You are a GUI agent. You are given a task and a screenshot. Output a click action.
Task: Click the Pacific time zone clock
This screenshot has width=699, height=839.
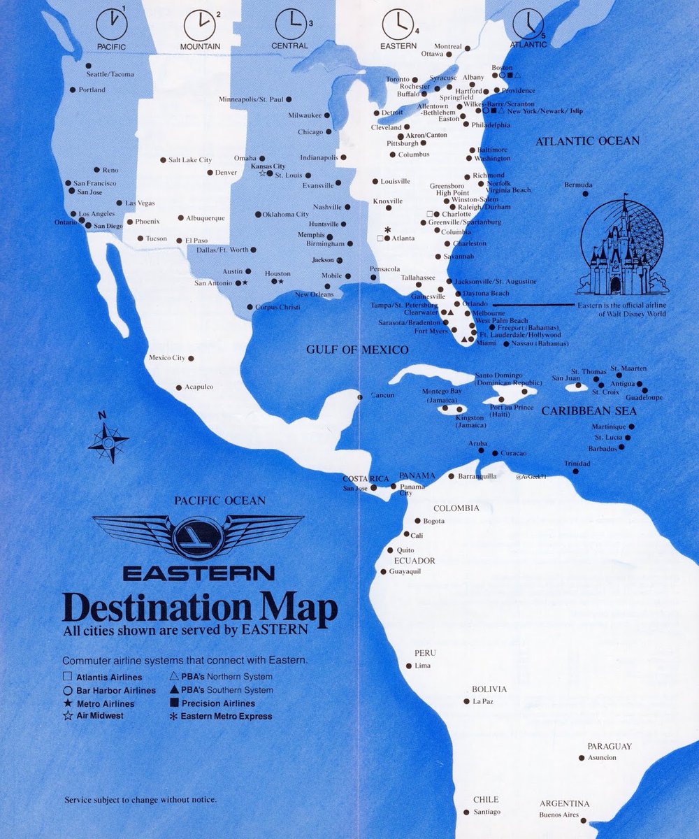pyautogui.click(x=112, y=24)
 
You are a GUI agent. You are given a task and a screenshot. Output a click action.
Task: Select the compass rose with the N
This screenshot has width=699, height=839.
pyautogui.click(x=108, y=439)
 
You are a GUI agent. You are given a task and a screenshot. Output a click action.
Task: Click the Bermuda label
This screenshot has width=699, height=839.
pyautogui.click(x=578, y=185)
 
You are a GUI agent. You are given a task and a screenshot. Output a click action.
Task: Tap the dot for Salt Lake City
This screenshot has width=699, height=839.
pyautogui.click(x=164, y=160)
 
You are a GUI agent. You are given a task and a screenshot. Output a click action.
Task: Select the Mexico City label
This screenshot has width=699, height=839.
pyautogui.click(x=167, y=358)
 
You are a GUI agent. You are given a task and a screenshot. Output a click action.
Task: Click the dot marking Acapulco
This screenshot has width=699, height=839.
pyautogui.click(x=179, y=387)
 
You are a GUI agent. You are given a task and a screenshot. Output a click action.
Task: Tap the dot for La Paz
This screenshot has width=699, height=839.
pyautogui.click(x=467, y=701)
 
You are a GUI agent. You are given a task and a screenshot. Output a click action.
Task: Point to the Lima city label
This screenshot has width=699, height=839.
pyautogui.click(x=423, y=666)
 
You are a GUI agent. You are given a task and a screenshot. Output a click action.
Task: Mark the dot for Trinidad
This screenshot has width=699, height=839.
pyautogui.click(x=575, y=471)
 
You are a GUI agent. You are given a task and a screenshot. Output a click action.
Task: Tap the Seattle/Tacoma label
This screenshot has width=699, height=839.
pyautogui.click(x=110, y=74)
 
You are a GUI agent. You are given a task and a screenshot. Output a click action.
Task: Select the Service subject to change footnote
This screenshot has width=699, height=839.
pyautogui.click(x=140, y=799)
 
